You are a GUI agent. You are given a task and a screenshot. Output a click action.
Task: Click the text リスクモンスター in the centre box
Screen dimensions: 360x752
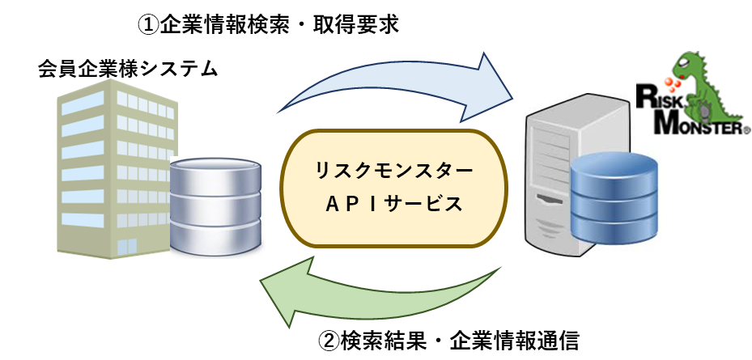[x=394, y=172]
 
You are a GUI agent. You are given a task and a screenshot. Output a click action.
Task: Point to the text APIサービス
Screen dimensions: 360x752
[x=394, y=205]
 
